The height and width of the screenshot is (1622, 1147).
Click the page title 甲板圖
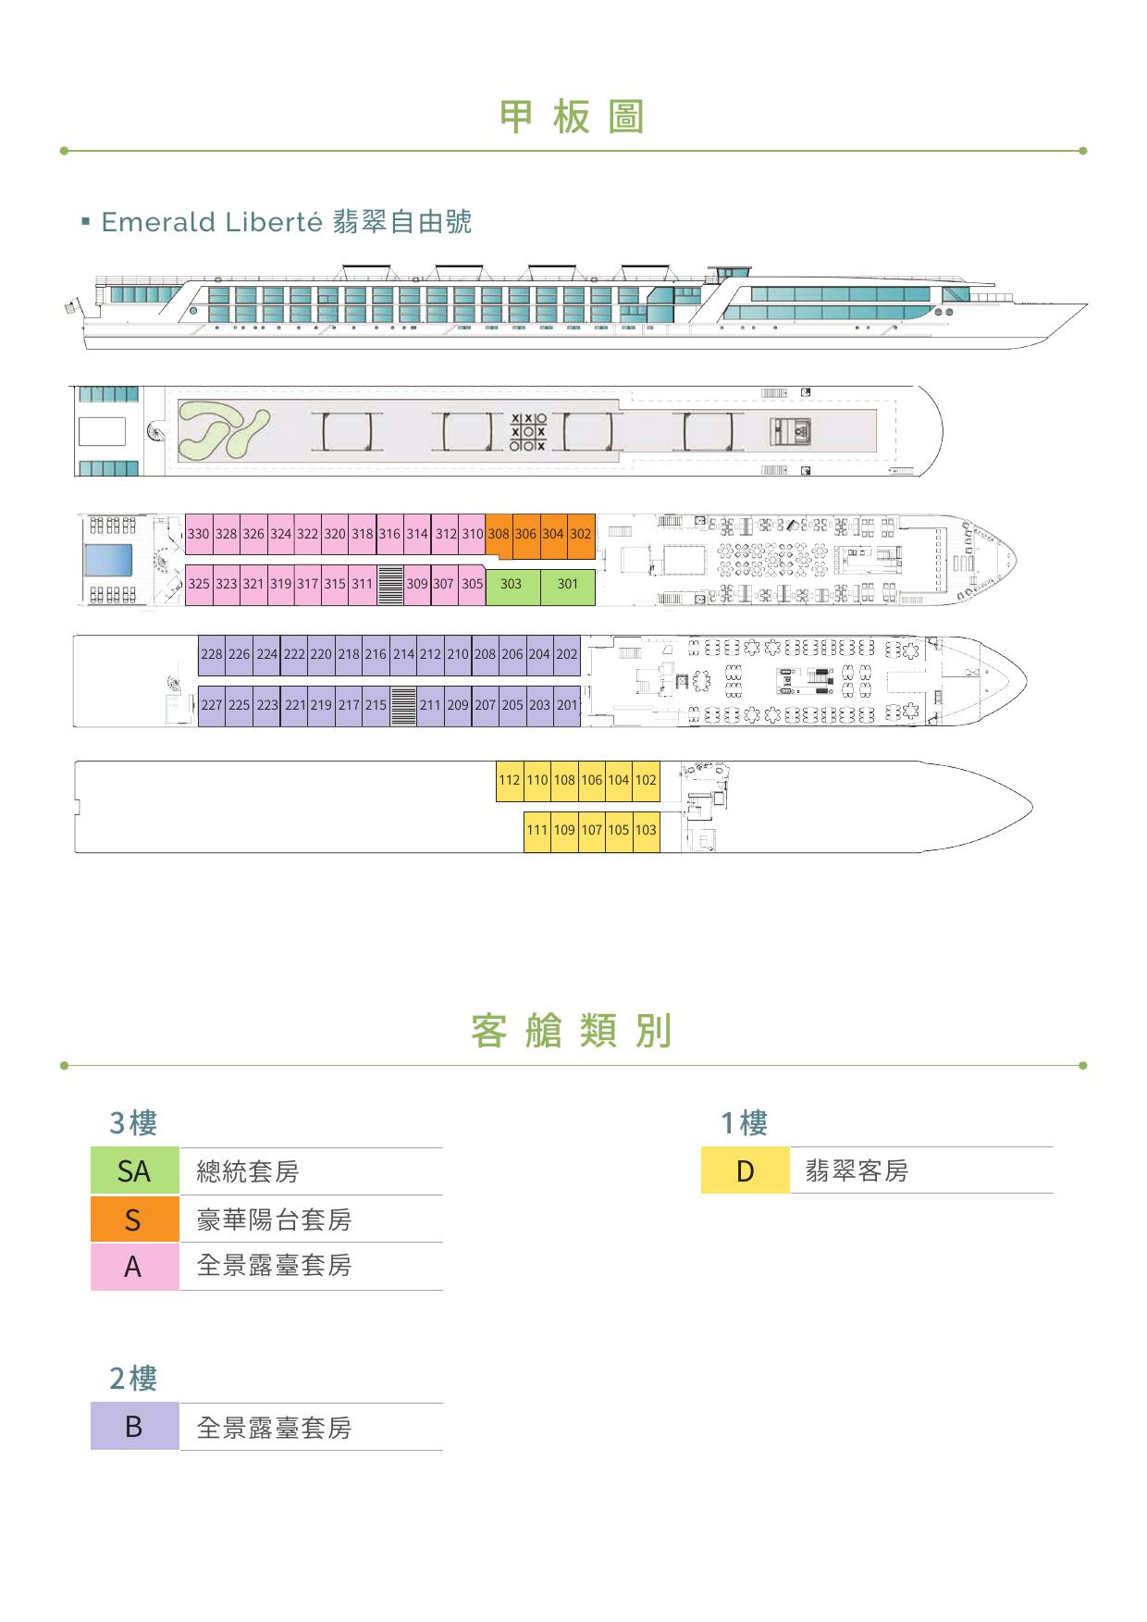pos(572,118)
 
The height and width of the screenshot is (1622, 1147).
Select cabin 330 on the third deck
pos(199,535)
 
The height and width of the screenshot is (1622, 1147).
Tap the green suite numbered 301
pos(567,585)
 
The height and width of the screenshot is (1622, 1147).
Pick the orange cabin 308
pos(499,534)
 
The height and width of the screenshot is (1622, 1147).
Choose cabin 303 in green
pos(512,585)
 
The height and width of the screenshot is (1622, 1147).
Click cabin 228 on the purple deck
pos(212,655)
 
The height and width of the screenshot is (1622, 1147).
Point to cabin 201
pos(567,705)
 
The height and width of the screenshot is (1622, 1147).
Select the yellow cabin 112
pos(510,781)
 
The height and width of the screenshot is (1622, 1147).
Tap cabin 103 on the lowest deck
pos(646,831)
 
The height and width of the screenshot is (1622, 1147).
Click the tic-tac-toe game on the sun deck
pos(528,432)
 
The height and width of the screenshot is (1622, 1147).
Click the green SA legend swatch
pos(134,1171)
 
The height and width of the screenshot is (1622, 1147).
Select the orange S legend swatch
pos(134,1220)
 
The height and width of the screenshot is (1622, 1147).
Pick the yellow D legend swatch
pos(745,1170)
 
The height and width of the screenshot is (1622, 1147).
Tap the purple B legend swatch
pos(134,1427)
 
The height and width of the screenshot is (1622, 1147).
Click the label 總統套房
pos(248,1172)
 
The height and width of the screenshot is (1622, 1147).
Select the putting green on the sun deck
pos(222,431)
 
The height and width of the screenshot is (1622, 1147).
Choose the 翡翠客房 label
pos(857,1171)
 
